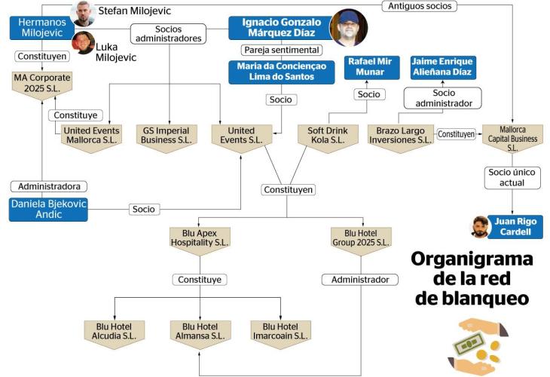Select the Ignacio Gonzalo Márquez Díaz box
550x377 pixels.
point(281,28)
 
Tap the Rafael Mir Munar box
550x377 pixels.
point(369,67)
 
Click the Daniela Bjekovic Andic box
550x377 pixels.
point(48,209)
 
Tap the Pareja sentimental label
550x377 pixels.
point(281,50)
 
